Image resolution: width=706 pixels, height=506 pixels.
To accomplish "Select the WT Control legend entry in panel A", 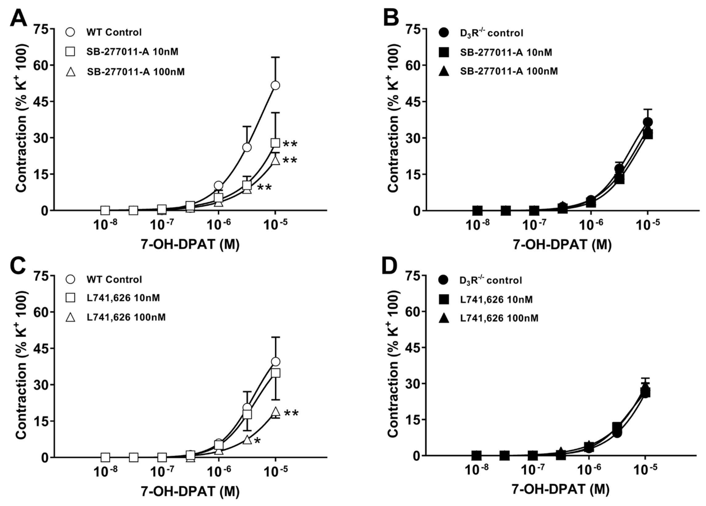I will tap(114, 32).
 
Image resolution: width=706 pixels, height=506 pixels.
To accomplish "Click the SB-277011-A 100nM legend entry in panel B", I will tap(509, 71).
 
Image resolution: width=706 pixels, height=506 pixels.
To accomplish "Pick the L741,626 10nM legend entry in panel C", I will tap(123, 298).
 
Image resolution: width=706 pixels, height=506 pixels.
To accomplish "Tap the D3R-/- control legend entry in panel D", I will tap(490, 280).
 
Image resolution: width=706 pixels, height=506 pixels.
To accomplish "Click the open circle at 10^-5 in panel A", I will tap(275, 85).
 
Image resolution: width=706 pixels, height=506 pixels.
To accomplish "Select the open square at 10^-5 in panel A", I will tap(275, 143).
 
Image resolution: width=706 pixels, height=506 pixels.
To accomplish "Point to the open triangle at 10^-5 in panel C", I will tap(275, 411).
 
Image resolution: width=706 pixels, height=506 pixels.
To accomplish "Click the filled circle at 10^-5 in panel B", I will tap(648, 122).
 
